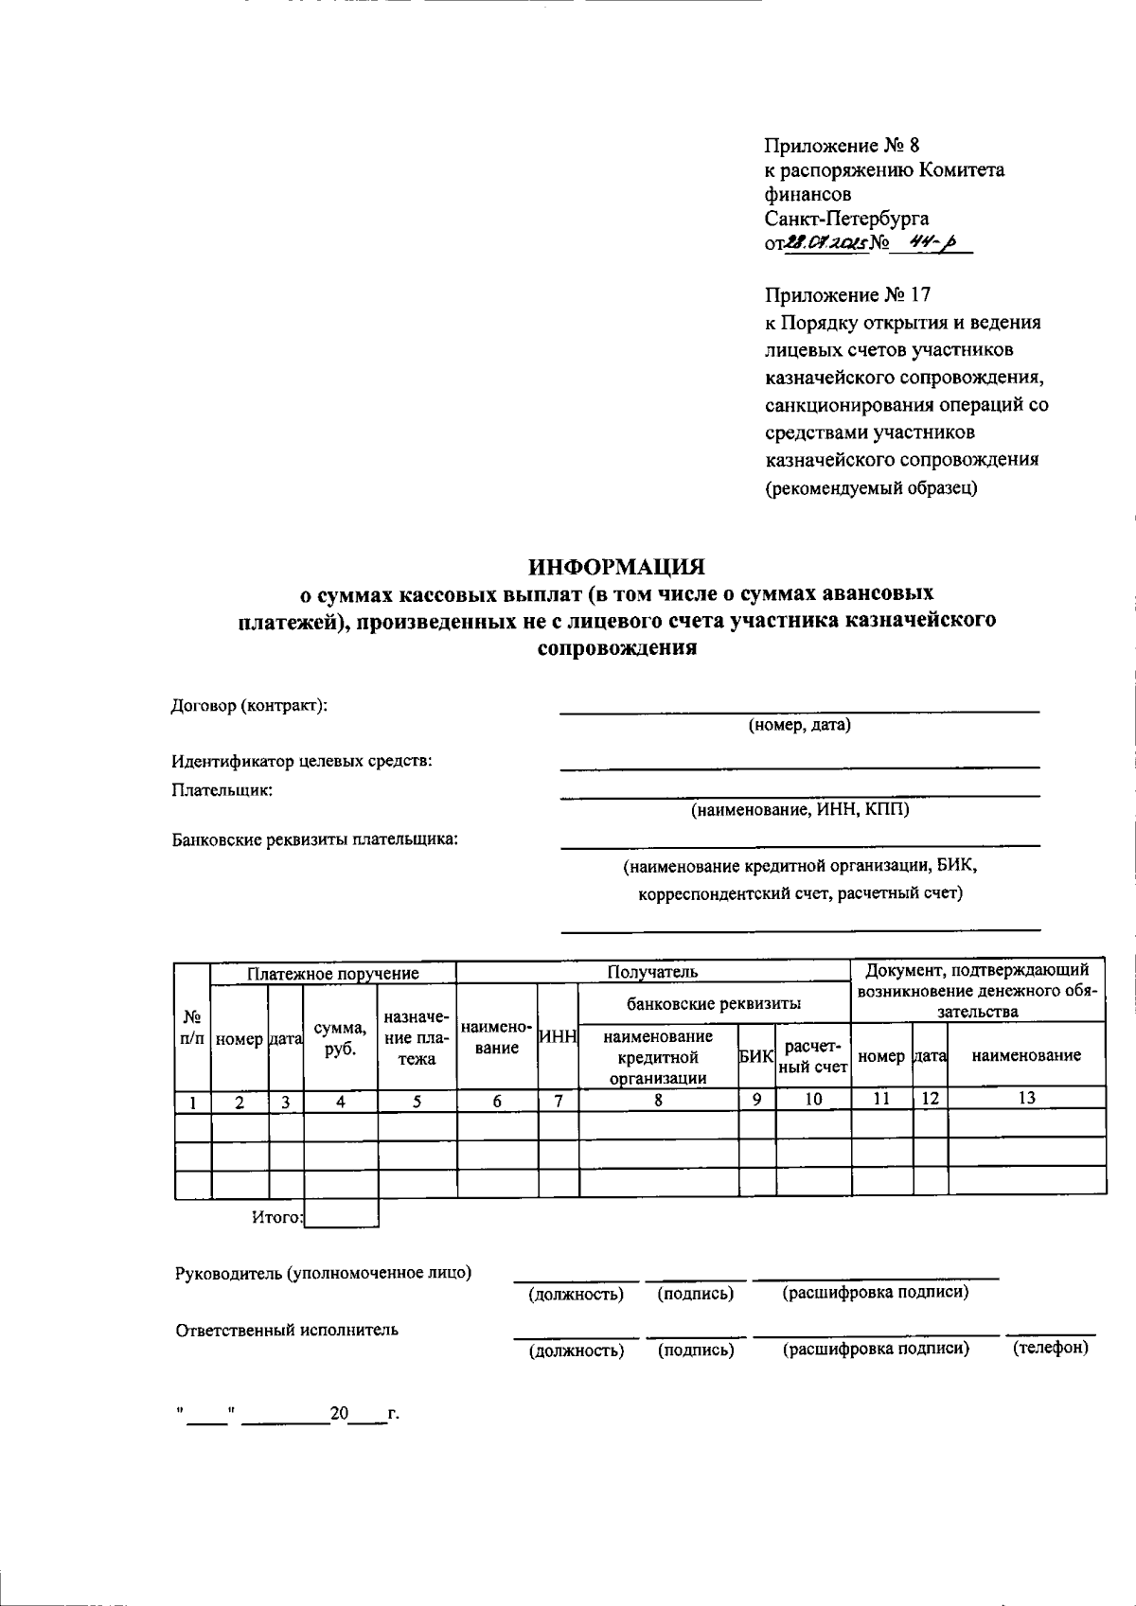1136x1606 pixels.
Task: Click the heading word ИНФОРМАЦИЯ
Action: [616, 567]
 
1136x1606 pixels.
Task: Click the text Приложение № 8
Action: [842, 146]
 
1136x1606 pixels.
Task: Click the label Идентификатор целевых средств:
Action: [301, 761]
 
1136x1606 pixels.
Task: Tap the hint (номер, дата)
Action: [800, 726]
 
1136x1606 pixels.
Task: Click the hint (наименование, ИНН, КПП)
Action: [800, 810]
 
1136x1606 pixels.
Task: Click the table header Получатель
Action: [652, 972]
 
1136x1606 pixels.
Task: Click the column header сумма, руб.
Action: [339, 1038]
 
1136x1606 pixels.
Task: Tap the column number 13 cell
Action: [1026, 1098]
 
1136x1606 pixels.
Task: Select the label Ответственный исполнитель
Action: [287, 1330]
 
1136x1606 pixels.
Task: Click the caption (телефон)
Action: [1051, 1348]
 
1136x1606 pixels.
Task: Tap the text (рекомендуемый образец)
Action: [871, 488]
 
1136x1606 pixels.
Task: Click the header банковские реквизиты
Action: [714, 1003]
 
